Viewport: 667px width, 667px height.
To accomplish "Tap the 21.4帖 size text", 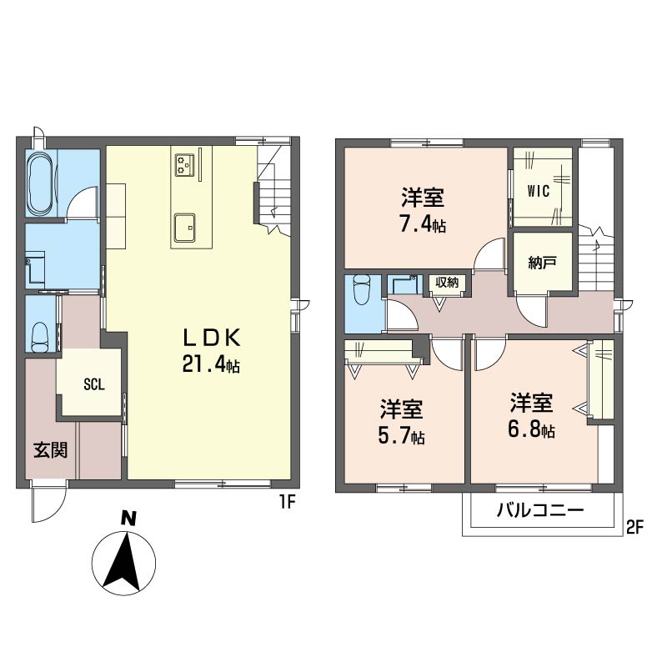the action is click(x=211, y=364).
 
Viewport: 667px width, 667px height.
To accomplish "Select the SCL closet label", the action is click(x=94, y=385).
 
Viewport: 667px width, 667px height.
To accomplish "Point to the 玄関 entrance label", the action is click(x=51, y=449).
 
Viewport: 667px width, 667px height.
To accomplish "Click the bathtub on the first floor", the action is click(x=41, y=183).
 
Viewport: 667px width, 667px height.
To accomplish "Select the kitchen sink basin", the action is click(x=184, y=228).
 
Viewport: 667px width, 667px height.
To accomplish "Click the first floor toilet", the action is click(x=40, y=337).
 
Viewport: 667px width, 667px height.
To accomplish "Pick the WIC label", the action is click(x=538, y=191).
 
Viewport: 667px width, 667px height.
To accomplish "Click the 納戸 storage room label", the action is click(x=542, y=263).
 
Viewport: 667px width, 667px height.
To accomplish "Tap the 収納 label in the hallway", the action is click(x=447, y=282).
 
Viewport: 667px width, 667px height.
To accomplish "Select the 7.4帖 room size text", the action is click(x=422, y=224).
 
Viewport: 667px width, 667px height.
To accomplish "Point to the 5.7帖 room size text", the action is click(x=401, y=435).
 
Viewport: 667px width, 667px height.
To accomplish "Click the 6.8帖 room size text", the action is click(x=531, y=429).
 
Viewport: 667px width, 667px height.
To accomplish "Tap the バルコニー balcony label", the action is click(x=540, y=509).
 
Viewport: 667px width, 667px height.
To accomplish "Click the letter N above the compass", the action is click(x=128, y=519).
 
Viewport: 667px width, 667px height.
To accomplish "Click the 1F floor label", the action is click(x=287, y=503).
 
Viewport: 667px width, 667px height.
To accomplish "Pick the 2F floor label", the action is click(x=634, y=528).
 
